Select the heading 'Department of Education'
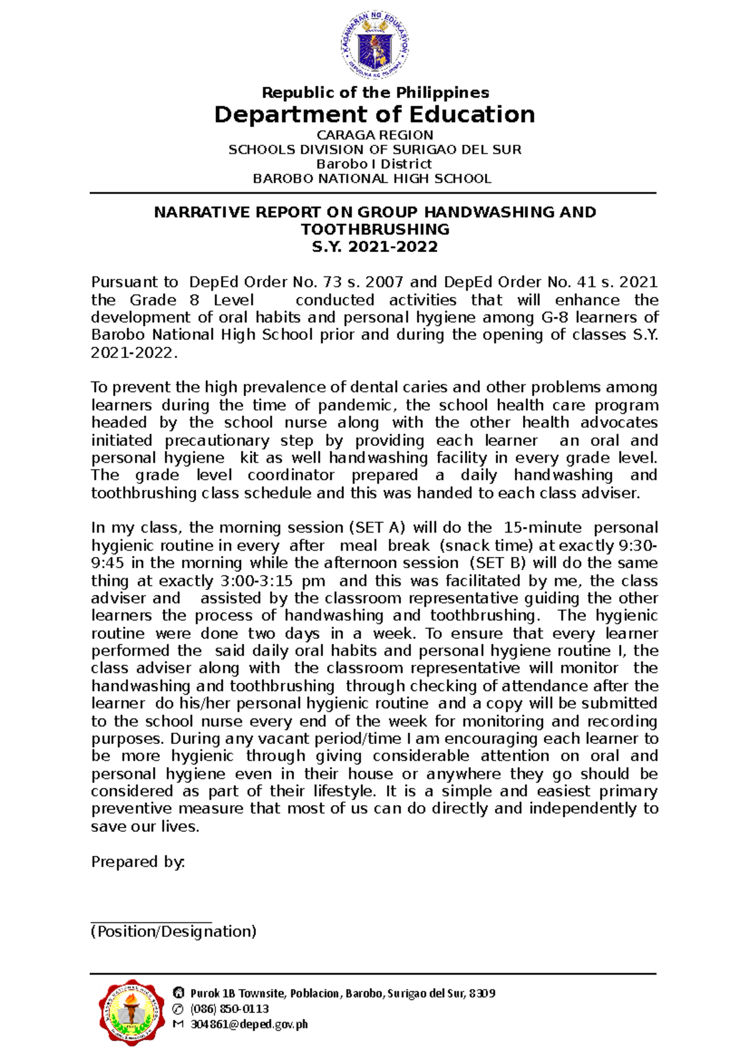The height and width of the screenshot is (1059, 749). pyautogui.click(x=374, y=115)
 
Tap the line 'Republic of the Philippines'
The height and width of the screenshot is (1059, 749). pyautogui.click(x=375, y=93)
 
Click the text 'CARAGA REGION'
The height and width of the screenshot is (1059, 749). pyautogui.click(x=374, y=135)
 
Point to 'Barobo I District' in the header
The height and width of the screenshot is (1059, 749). pyautogui.click(x=374, y=164)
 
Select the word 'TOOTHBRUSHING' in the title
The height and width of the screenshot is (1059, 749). pyautogui.click(x=374, y=230)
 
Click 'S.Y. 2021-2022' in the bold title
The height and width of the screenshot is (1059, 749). pyautogui.click(x=374, y=247)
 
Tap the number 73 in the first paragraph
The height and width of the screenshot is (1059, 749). pyautogui.click(x=336, y=283)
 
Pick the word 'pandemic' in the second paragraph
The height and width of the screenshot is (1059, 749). pyautogui.click(x=355, y=405)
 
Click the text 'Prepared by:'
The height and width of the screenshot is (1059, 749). pyautogui.click(x=138, y=862)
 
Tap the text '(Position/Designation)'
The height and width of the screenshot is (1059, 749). pyautogui.click(x=174, y=932)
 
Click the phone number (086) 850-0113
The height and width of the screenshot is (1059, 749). pyautogui.click(x=229, y=1009)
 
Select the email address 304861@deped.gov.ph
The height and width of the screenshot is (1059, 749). pyautogui.click(x=248, y=1024)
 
